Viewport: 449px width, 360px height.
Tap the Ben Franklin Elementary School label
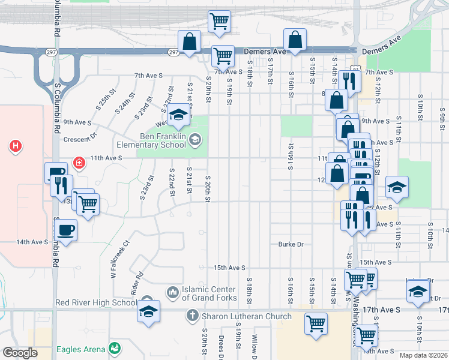click(x=163, y=140)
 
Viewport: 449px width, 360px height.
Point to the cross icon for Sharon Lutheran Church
click(x=192, y=316)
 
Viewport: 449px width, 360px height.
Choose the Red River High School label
click(x=96, y=302)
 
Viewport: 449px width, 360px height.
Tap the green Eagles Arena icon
click(x=113, y=349)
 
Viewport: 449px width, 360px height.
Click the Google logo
click(x=20, y=353)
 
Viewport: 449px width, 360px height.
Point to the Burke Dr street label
click(x=291, y=244)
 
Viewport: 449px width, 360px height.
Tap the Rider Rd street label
click(x=135, y=282)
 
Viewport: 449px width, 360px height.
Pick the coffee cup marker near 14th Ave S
click(x=66, y=229)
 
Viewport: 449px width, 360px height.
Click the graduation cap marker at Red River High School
click(x=148, y=311)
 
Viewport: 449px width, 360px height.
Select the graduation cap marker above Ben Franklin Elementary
click(x=178, y=115)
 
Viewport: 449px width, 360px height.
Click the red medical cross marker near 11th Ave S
click(x=79, y=163)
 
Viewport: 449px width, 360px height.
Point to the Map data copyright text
click(x=423, y=355)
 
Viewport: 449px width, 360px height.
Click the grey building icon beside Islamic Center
click(x=172, y=292)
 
